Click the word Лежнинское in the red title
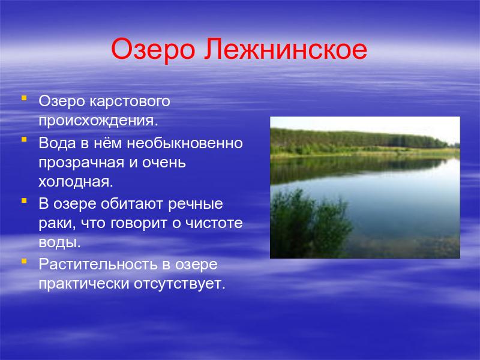[x=286, y=49]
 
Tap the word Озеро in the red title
[x=153, y=49]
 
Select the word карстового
[x=130, y=101]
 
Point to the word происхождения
[x=98, y=121]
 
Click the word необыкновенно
[x=185, y=143]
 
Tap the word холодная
[x=76, y=181]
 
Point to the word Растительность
[x=98, y=264]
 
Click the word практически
[x=84, y=284]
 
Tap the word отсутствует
[x=179, y=284]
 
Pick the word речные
[x=196, y=204]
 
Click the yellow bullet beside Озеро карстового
[x=24, y=98]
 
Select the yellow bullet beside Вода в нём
[x=24, y=140]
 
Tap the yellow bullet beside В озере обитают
[x=24, y=201]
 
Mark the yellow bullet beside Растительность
[x=24, y=262]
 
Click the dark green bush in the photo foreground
[x=309, y=225]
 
